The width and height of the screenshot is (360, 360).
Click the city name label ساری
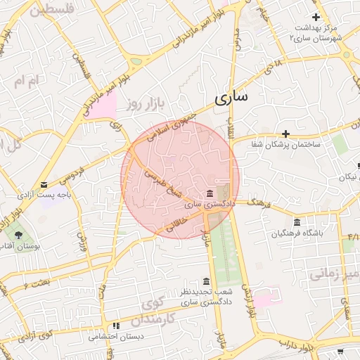pyautogui.click(x=231, y=98)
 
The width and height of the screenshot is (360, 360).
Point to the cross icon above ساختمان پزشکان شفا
pyautogui.click(x=285, y=134)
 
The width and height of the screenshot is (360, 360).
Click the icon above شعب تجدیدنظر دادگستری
pyautogui.click(x=206, y=281)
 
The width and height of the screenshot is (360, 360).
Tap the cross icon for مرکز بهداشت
pyautogui.click(x=316, y=17)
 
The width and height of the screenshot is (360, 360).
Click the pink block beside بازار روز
pyautogui.click(x=103, y=106)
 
